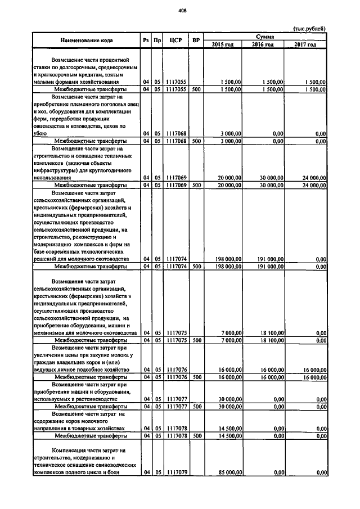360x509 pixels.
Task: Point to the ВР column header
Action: pyautogui.click(x=196, y=40)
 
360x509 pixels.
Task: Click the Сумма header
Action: pyautogui.click(x=265, y=36)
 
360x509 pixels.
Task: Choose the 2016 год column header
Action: pyautogui.click(x=263, y=44)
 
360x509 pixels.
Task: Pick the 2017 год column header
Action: pyautogui.click(x=305, y=44)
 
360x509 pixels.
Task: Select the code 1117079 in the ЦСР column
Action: pyautogui.click(x=177, y=473)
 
